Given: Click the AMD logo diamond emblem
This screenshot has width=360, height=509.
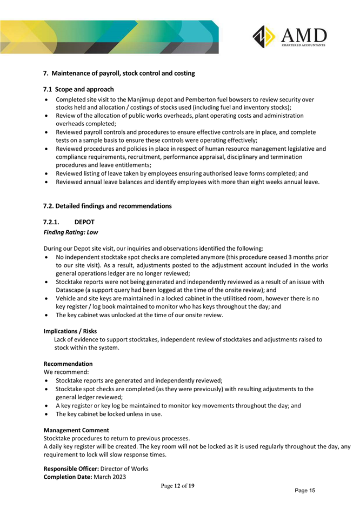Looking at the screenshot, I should pos(265,37).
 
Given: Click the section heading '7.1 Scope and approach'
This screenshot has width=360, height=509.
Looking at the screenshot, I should pos(78,89).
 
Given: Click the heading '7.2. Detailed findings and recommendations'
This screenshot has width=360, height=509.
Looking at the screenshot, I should pos(107,206).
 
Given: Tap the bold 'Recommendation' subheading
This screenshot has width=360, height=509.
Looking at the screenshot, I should pos(68,364).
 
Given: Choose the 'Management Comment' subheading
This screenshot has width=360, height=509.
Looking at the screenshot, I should pos(76,430).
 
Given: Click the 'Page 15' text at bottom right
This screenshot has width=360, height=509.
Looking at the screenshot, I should pos(305,490).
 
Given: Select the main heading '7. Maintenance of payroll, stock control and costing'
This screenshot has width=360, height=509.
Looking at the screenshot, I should pos(119,72).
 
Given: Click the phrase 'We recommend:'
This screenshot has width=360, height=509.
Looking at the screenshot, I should pos(64,372).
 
